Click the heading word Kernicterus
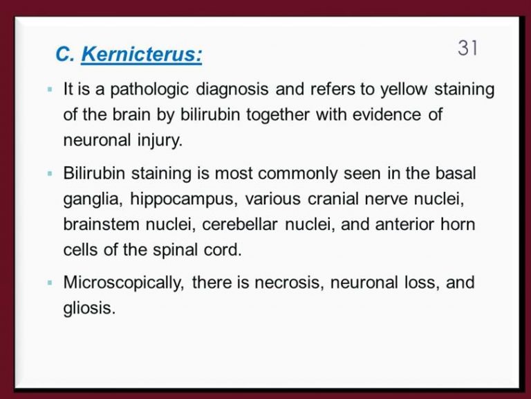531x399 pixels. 142,53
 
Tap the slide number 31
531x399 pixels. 467,48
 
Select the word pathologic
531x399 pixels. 149,90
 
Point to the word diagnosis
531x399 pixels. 232,90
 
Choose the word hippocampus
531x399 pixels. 182,199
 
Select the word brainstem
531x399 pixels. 101,224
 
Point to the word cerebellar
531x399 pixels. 240,224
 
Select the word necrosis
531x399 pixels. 287,283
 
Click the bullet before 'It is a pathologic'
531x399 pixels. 50,89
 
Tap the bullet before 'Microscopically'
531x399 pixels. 50,283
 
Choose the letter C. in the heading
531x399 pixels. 65,54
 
